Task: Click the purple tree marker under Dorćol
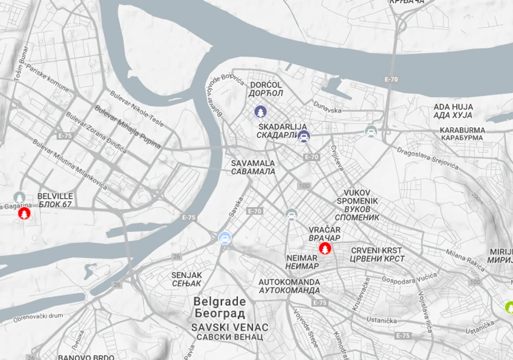tap(260, 112)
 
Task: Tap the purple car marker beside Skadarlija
tap(304, 137)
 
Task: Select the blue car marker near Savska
tap(225, 239)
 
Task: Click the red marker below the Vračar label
tap(325, 249)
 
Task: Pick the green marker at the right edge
tap(510, 307)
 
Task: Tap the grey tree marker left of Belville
tap(20, 198)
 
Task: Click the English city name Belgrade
tap(220, 301)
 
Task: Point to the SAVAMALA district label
tap(253, 163)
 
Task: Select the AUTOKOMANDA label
tap(289, 282)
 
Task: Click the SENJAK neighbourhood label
tap(186, 275)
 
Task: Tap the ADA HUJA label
tap(453, 107)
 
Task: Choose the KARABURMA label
tap(462, 130)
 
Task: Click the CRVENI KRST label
tap(376, 250)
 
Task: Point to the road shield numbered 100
tap(304, 185)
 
